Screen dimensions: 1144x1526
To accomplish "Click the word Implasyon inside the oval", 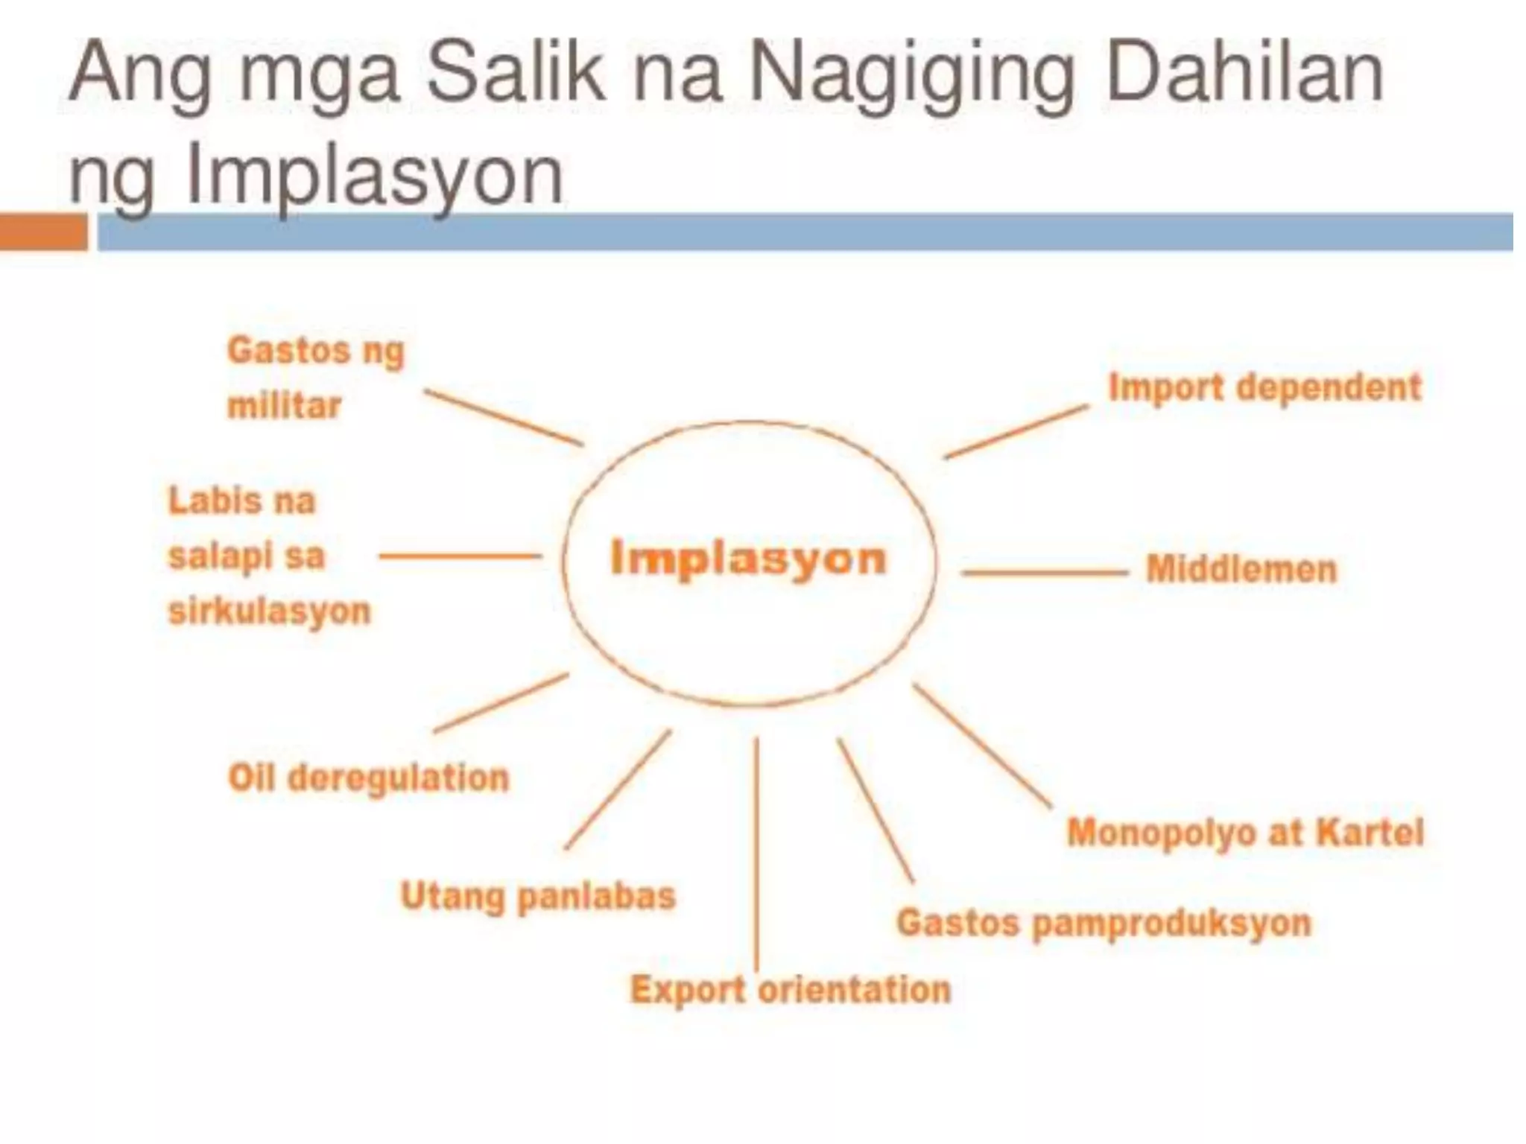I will pos(748,559).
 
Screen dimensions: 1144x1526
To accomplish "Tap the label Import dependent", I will pos(1264,388).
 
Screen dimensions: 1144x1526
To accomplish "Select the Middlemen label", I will pos(1241,570).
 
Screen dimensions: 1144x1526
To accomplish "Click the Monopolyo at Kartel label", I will pos(1245,833).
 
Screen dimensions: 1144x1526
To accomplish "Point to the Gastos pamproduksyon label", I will pos(1104,924).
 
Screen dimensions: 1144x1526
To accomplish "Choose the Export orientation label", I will pos(791,991).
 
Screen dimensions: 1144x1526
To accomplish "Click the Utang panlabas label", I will pos(538,896).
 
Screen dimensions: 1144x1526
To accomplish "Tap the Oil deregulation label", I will pos(368,778).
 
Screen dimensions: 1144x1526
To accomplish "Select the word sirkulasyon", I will pos(269,611).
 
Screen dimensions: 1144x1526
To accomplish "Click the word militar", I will pos(284,407).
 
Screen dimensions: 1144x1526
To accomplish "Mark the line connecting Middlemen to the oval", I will pos(1045,573).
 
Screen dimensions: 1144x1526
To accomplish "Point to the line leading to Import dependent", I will pos(1016,431).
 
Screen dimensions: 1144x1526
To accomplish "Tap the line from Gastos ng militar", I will pos(504,417).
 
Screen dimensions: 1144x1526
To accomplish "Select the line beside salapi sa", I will pos(460,556).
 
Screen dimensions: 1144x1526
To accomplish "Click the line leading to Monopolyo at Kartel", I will pos(982,745).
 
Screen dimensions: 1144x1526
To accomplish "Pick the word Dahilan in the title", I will pos(1244,74).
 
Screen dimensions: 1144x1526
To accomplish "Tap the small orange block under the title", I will pos(43,232).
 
